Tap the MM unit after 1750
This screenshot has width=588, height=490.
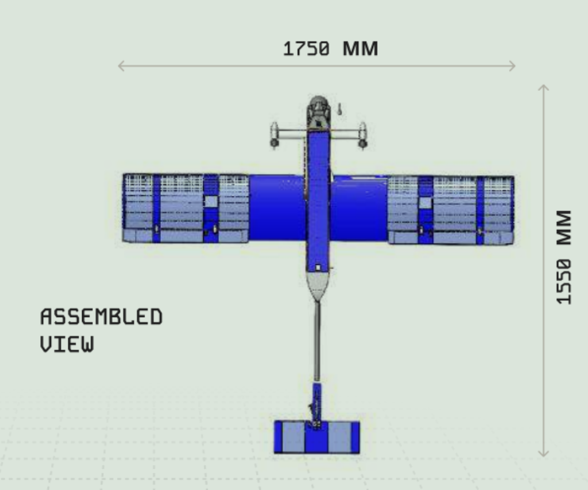pos(360,49)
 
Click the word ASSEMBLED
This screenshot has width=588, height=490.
pos(101,317)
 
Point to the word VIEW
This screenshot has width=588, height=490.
pos(67,344)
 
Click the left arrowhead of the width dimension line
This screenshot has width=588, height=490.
pos(121,66)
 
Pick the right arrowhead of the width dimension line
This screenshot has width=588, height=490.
pos(512,66)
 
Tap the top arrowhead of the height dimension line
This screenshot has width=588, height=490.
pos(543,88)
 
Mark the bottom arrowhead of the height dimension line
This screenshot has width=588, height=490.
pos(543,454)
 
